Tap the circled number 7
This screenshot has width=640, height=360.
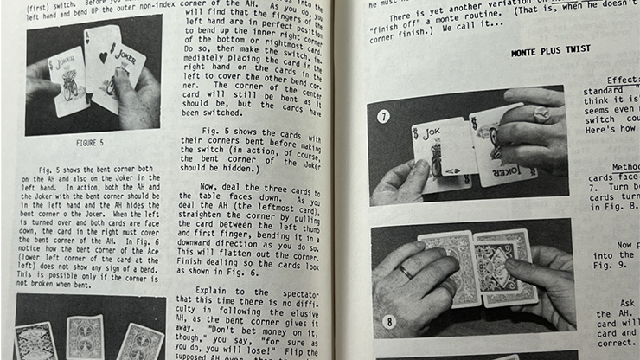[383, 115]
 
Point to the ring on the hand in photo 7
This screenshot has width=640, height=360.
[540, 112]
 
